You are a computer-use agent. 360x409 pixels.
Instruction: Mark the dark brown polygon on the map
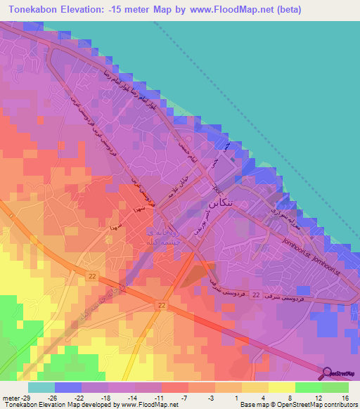198,273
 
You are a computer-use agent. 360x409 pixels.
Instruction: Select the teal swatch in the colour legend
41,387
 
